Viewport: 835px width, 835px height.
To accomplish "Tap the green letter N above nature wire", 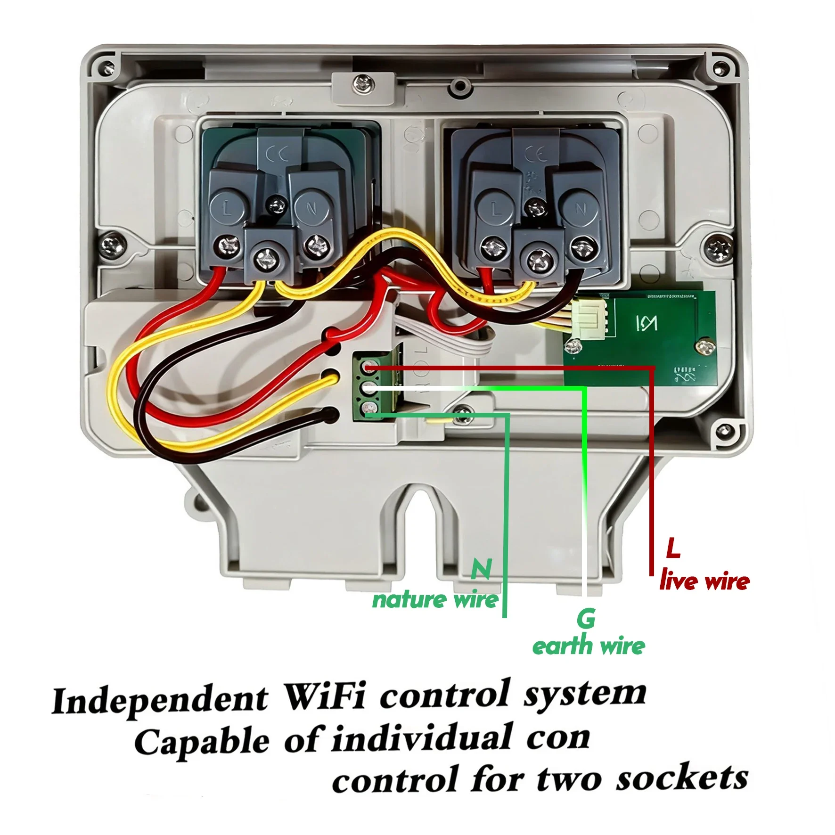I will (482, 569).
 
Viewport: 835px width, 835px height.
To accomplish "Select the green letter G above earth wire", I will (586, 618).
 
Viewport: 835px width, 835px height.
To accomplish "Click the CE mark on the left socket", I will (278, 154).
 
